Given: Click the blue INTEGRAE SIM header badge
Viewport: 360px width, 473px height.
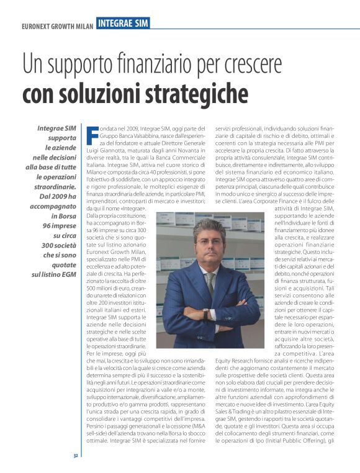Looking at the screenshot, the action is coord(124,24).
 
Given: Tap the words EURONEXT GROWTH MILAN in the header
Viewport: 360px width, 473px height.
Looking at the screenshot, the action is coord(57,27).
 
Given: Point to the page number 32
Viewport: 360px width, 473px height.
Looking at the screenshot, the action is coord(74,456).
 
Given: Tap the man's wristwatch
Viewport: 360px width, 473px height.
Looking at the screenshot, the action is coord(205,313).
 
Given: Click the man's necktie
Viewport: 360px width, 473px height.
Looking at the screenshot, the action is coord(210,283).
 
